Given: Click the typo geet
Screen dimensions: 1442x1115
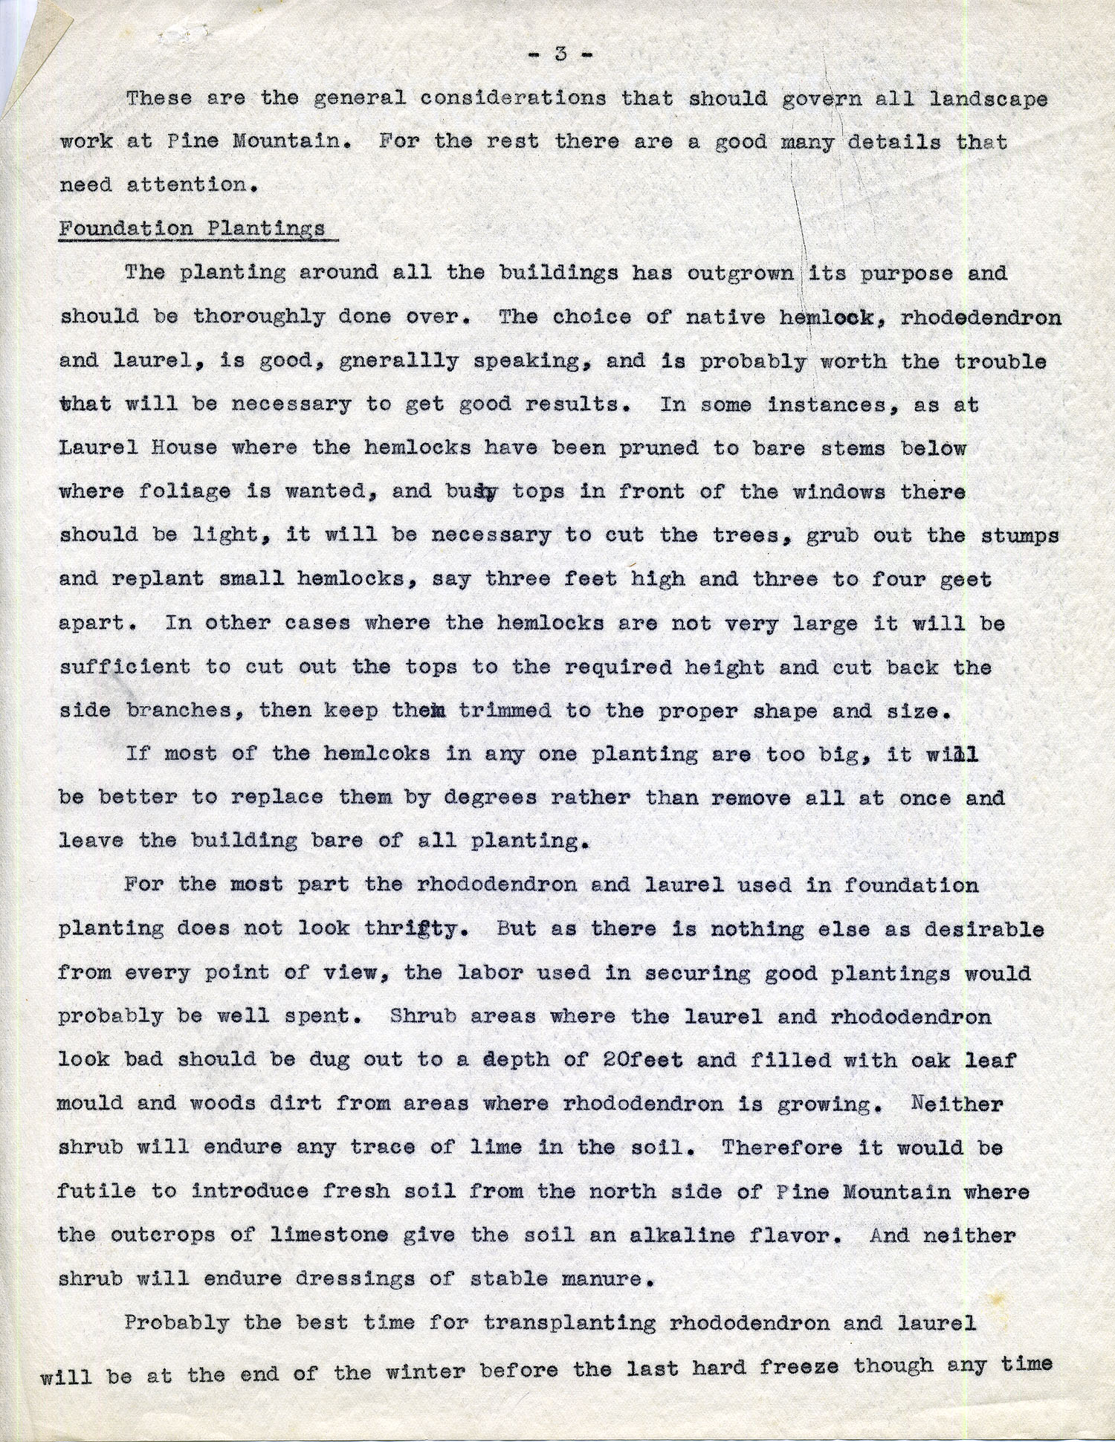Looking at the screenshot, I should (x=964, y=579).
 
